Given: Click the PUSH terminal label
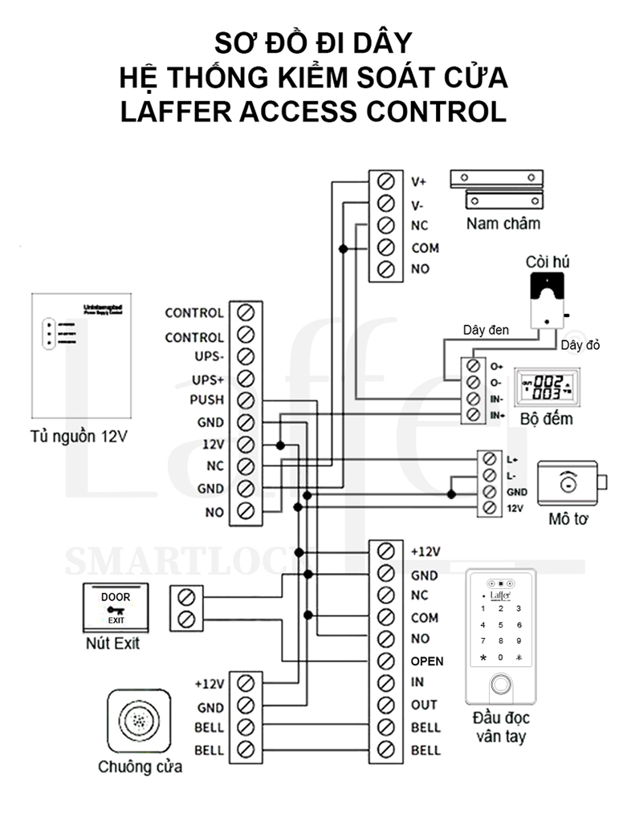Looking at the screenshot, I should pos(206,400).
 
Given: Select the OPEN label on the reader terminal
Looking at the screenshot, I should pos(426,661).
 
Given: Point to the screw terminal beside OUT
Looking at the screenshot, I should pos(385,705).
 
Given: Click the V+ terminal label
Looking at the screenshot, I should pos(418,181).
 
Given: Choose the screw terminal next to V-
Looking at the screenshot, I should pos(385,203).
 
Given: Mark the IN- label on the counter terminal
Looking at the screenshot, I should pos(496,398).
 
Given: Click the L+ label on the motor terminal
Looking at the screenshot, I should pos(513,459).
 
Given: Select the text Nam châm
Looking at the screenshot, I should pos(503,223).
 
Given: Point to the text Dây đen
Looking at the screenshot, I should pos(486,330).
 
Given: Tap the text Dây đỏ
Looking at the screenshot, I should pos(581,344).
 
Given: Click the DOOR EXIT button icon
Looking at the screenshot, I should pos(115,608).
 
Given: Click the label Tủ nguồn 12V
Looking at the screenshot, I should pos(79,438).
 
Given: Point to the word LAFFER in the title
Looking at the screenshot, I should pos(173,112).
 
